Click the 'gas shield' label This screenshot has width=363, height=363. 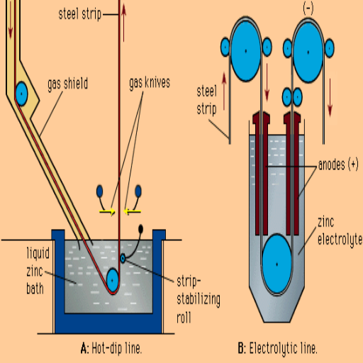click(68, 84)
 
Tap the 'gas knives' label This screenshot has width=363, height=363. click(150, 83)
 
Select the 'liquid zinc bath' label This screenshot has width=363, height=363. click(38, 271)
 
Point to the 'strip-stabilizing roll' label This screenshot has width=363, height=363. click(199, 300)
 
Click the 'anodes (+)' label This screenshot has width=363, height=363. click(338, 164)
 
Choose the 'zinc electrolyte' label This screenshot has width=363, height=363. click(340, 231)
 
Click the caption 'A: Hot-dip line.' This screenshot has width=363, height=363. click(111, 348)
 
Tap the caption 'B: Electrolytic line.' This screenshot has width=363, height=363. click(277, 348)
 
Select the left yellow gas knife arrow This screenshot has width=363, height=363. click(107, 211)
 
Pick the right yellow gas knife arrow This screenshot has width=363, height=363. click(133, 211)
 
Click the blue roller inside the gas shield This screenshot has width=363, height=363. click(21, 94)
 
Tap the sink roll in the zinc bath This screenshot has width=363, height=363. click(112, 280)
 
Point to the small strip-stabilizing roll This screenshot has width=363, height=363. click(123, 258)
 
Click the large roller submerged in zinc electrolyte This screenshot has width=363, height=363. click(277, 264)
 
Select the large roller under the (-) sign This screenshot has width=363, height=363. click(308, 52)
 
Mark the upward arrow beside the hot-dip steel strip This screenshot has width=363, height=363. click(123, 23)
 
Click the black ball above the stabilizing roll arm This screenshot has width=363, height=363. click(140, 228)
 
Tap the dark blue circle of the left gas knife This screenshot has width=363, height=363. click(100, 191)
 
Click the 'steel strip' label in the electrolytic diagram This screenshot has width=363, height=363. click(207, 100)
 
